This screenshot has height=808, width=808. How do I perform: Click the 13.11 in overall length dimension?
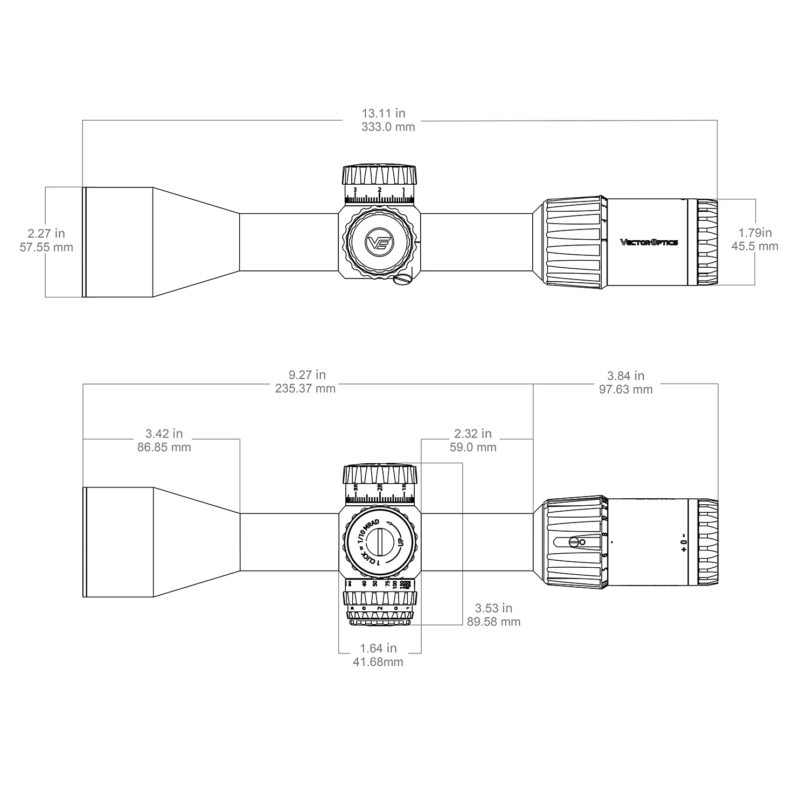pos(384,114)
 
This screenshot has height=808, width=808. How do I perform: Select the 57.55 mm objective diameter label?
pos(46,248)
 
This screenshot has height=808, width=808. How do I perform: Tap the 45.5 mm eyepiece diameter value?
pos(755,247)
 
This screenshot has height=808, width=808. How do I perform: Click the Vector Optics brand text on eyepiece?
pos(649,242)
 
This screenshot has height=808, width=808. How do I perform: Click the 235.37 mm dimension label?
pos(305,389)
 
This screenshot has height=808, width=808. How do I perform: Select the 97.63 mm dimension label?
pos(625,389)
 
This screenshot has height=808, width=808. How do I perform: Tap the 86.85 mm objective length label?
pos(164,448)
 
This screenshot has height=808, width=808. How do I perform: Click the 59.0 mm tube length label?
pos(473,448)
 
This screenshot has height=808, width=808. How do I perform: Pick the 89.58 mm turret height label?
pos(493,622)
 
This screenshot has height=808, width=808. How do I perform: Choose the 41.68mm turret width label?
pos(378,662)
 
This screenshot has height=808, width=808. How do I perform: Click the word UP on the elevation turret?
pos(400,540)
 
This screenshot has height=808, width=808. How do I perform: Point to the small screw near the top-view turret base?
pos(402,279)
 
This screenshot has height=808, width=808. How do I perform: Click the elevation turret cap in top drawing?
pos(379,175)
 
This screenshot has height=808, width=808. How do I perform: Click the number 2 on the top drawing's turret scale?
pos(380,190)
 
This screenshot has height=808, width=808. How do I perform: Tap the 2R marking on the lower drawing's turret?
pos(380,487)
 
